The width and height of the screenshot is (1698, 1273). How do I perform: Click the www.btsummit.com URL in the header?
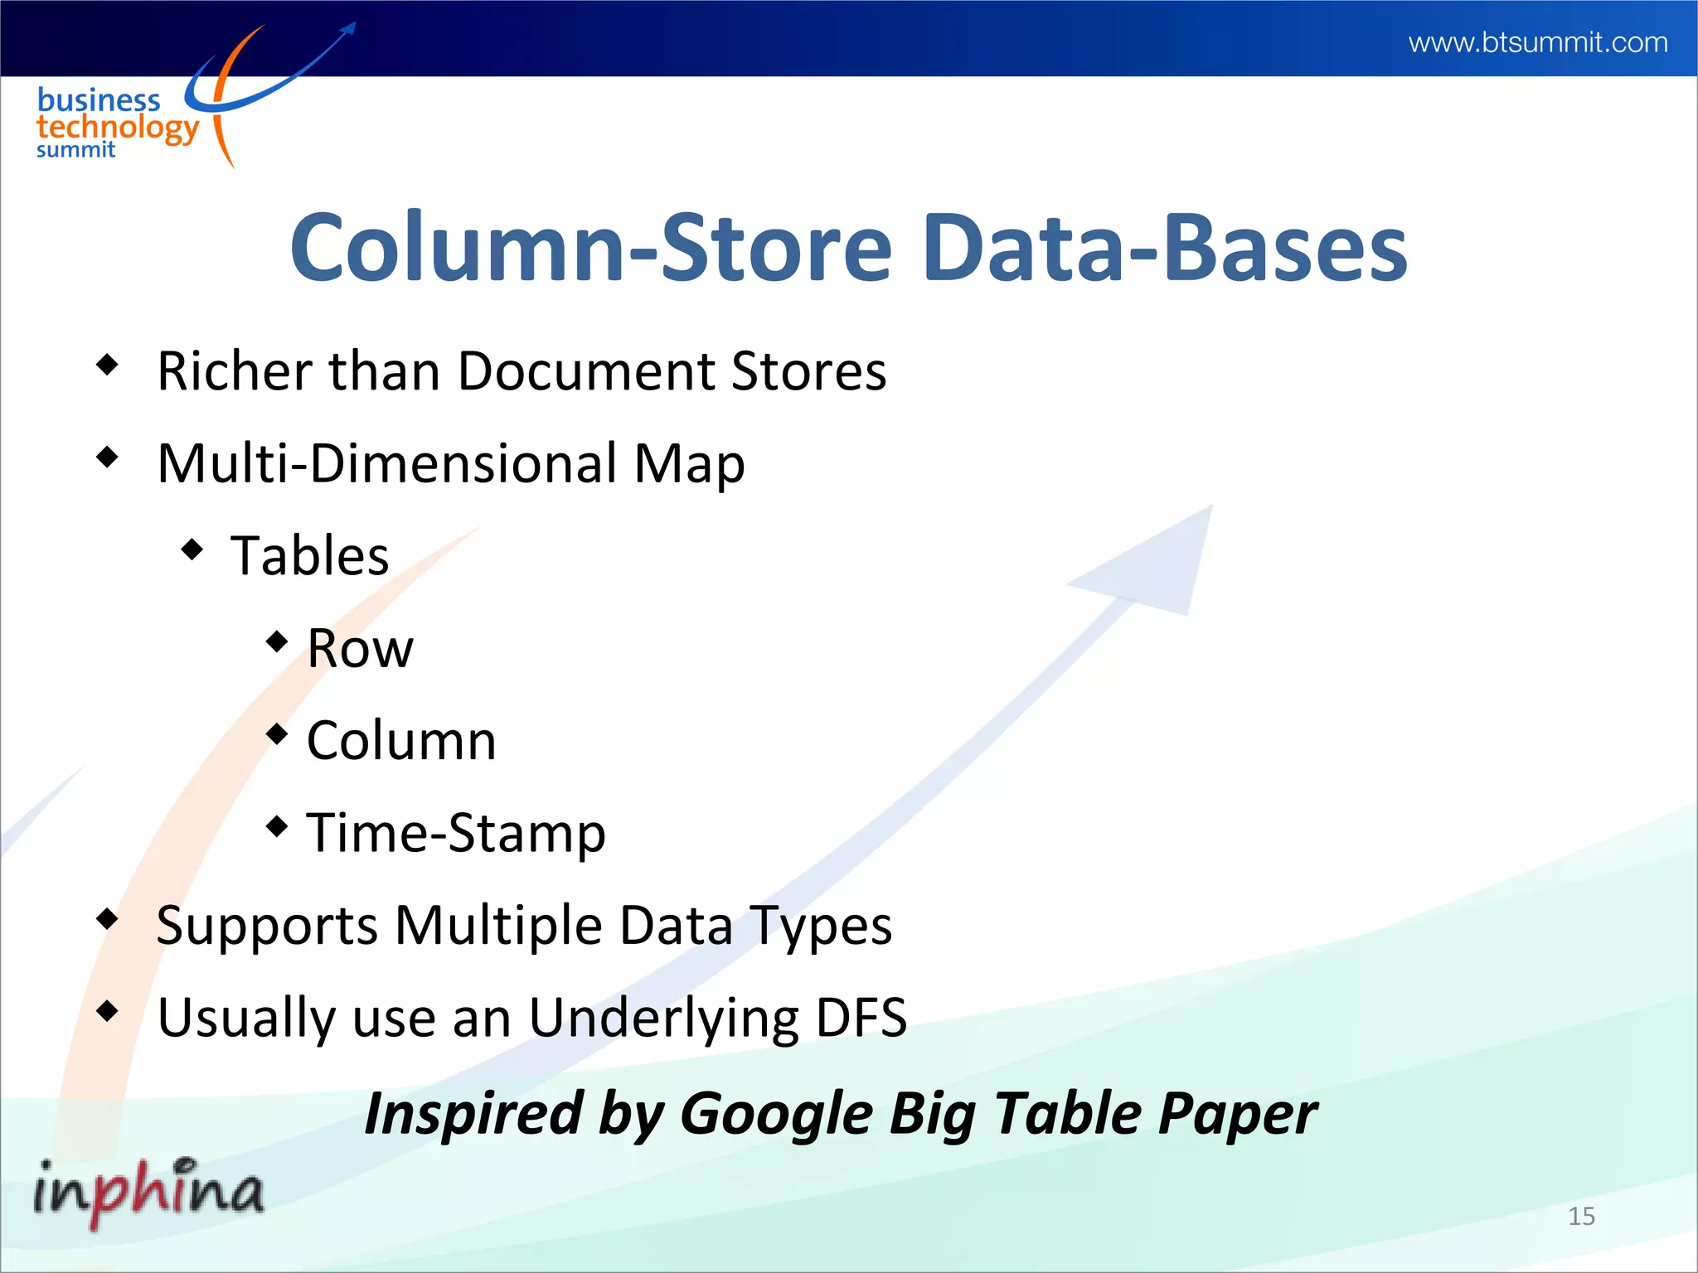1538,42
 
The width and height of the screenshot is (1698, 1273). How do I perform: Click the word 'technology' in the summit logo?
118,128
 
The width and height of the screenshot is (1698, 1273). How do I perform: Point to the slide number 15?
1581,1216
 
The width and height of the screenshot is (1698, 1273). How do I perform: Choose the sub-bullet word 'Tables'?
310,555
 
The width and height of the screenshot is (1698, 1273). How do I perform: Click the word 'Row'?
360,648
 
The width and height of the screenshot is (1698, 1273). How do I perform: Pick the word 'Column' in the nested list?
401,740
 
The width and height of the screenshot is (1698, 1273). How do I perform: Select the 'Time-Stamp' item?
456,832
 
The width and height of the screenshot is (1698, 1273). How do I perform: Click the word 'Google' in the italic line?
776,1113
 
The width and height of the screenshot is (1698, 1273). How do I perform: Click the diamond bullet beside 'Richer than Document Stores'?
108,364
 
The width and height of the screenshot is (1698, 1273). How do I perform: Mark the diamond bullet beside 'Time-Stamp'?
278,825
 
